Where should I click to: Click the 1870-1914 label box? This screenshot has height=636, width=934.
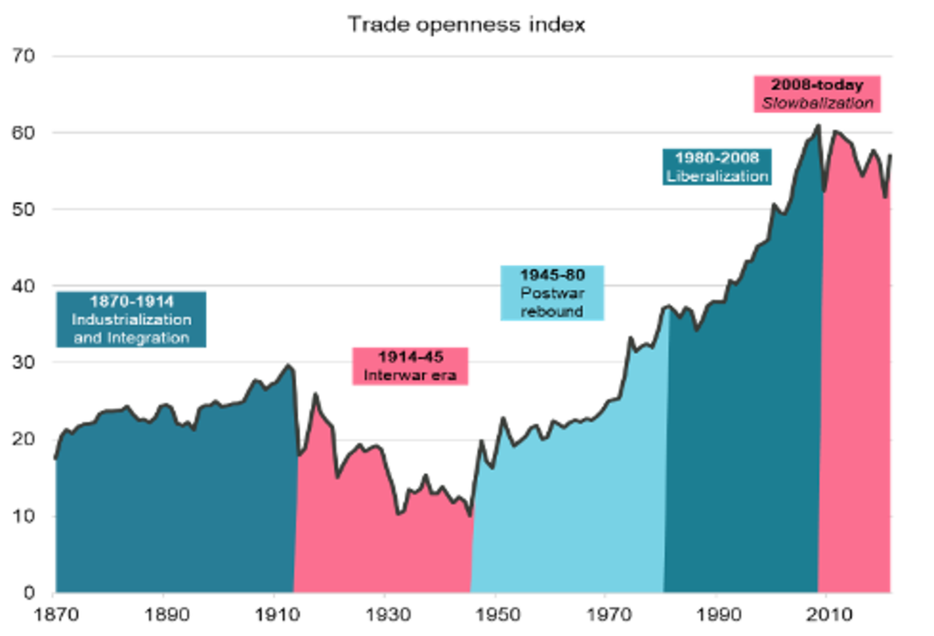click(130, 319)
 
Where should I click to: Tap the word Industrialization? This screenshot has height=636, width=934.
click(131, 320)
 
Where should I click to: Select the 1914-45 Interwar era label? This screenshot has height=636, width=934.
click(410, 366)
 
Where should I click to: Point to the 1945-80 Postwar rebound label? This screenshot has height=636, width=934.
click(553, 293)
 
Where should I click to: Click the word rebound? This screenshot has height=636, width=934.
click(552, 311)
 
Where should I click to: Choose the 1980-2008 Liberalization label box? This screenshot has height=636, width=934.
click(717, 167)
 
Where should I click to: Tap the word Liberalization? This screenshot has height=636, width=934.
click(717, 177)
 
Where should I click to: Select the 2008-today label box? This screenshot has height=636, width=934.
click(816, 93)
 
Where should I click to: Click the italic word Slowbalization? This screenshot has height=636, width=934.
click(816, 103)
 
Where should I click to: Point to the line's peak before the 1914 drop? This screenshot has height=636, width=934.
click(288, 364)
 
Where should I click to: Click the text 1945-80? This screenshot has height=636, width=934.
click(552, 275)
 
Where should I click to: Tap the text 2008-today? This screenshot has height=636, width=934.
click(816, 84)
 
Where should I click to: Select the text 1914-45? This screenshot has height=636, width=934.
click(410, 357)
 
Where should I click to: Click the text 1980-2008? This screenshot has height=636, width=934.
click(717, 158)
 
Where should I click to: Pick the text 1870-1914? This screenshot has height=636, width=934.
click(131, 301)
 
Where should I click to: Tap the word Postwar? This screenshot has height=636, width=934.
click(552, 293)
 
